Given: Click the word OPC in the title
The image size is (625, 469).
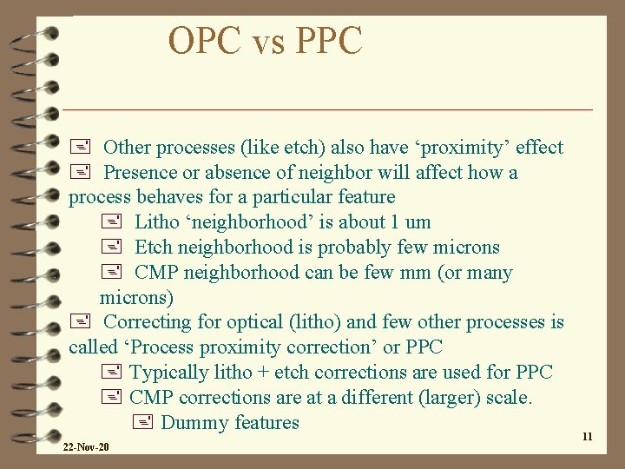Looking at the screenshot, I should click(x=203, y=41).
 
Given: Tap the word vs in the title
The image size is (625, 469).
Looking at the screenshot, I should click(x=266, y=43).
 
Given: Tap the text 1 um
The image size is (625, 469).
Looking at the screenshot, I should click(x=411, y=222).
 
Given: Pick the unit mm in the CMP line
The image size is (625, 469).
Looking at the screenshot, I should click(x=415, y=273).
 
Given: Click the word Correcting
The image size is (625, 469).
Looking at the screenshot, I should click(x=147, y=322).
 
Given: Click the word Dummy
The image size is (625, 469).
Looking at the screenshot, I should click(x=191, y=423).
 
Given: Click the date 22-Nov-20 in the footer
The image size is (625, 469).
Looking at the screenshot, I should click(x=85, y=447).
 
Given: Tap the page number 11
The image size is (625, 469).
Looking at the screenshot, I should click(x=587, y=437).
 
